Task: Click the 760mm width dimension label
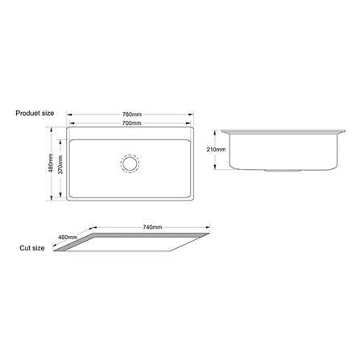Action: pos(132,114)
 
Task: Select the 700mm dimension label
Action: pos(132,123)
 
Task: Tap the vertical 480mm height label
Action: pos(51,163)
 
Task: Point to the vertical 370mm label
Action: pos(60,164)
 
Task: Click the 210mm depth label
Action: pos(216,150)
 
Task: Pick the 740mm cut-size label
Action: pos(152,227)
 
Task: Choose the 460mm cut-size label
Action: pos(68,237)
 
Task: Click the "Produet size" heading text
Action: pos(35,114)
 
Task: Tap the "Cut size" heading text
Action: pos(32,248)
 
